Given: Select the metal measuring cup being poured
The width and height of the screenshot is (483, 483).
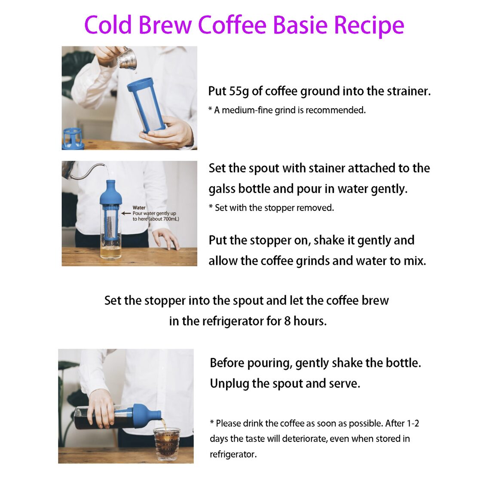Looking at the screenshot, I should click(x=128, y=60).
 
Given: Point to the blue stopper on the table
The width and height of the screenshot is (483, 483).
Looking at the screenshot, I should click(x=73, y=138).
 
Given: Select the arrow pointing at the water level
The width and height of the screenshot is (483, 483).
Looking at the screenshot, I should click(x=125, y=213).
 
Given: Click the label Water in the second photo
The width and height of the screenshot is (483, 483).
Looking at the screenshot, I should click(x=139, y=208).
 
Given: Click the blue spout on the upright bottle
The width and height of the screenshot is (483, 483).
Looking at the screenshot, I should click(x=111, y=193).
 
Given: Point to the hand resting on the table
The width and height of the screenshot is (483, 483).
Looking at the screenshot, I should click(x=167, y=238).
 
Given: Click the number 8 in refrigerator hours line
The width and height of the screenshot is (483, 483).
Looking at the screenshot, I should click(x=287, y=321).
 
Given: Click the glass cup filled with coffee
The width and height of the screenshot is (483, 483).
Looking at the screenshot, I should click(x=167, y=444).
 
